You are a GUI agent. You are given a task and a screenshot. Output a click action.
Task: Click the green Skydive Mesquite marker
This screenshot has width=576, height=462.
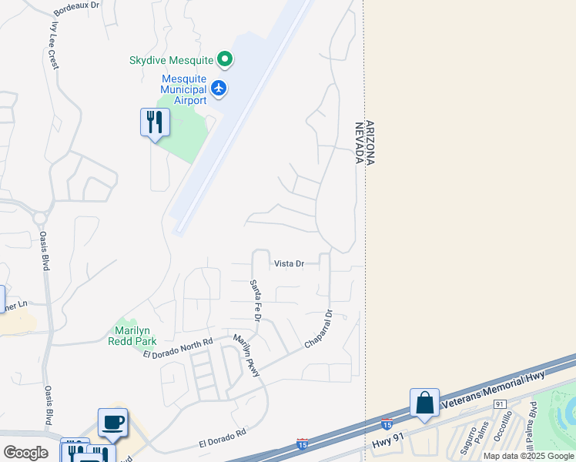[x=225, y=59]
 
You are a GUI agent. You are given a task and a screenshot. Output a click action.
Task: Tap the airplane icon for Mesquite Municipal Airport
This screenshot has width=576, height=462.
[x=219, y=89]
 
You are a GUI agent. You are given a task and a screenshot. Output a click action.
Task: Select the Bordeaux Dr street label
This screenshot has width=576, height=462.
[x=78, y=8]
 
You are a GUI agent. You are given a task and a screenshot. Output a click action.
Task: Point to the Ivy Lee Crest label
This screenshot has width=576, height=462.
[x=54, y=46]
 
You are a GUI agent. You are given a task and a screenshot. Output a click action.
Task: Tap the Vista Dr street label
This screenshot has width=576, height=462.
[x=290, y=263]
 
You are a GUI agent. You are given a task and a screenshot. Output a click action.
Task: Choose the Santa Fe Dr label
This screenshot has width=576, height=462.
[x=256, y=301]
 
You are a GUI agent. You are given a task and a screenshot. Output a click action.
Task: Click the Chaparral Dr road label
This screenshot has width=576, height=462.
[x=319, y=329]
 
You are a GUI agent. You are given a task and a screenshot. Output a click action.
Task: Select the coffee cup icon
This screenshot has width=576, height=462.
[x=113, y=423]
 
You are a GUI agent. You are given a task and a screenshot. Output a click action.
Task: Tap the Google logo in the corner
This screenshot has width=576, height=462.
[x=25, y=452]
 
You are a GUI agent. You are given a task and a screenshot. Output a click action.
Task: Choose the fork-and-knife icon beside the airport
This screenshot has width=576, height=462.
[x=155, y=122]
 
